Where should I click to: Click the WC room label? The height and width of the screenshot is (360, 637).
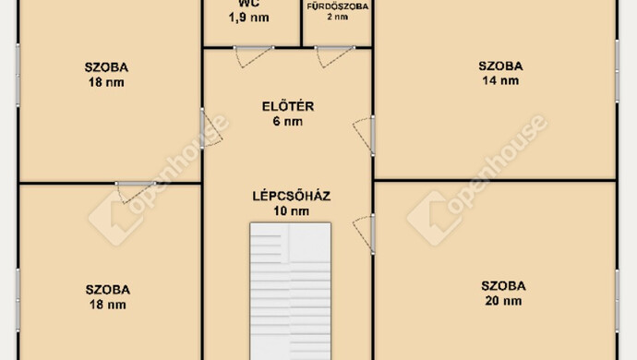pyautogui.click(x=248, y=4)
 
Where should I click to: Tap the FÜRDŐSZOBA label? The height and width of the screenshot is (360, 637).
pyautogui.click(x=338, y=6)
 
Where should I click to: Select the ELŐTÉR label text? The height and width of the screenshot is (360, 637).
pyautogui.click(x=288, y=106)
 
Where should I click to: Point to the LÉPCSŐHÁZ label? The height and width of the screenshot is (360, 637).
pyautogui.click(x=292, y=196)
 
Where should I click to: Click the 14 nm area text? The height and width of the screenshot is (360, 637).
pyautogui.click(x=500, y=80)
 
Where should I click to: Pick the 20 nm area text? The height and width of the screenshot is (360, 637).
pyautogui.click(x=503, y=301)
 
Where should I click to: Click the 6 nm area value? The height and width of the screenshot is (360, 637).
pyautogui.click(x=288, y=121)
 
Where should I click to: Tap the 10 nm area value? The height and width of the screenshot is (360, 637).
pyautogui.click(x=292, y=210)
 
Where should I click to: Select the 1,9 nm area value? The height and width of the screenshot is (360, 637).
pyautogui.click(x=248, y=18)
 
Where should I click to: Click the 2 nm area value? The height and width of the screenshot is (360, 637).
pyautogui.click(x=338, y=17)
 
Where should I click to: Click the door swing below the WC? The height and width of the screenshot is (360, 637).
pyautogui.click(x=254, y=56)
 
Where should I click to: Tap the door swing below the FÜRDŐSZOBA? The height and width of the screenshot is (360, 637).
pyautogui.click(x=335, y=56)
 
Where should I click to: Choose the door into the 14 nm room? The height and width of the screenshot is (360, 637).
pyautogui.click(x=364, y=136)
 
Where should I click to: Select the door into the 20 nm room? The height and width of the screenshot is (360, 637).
pyautogui.click(x=364, y=234)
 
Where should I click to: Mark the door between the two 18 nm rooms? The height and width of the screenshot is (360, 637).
pyautogui.click(x=136, y=192)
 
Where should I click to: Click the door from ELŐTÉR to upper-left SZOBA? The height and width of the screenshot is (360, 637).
pyautogui.click(x=211, y=128)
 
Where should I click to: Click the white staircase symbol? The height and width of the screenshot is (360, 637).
pyautogui.click(x=291, y=291)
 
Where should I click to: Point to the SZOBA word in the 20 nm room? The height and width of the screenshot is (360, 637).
pyautogui.click(x=503, y=285)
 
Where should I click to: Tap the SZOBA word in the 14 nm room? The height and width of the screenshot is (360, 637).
pyautogui.click(x=500, y=66)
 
